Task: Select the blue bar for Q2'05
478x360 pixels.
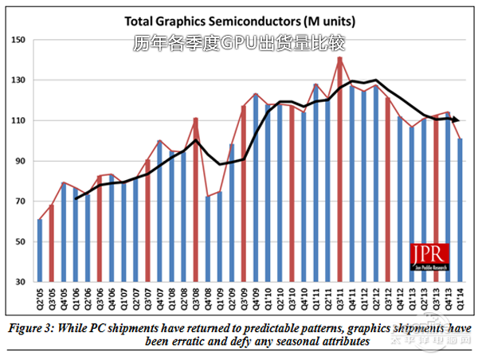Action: click(x=40, y=251)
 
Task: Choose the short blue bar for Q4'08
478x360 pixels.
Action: click(x=208, y=239)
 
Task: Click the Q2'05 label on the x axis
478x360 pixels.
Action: click(x=40, y=300)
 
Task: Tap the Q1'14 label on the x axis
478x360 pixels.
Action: click(x=460, y=300)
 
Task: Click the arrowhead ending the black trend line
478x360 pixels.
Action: click(x=456, y=119)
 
